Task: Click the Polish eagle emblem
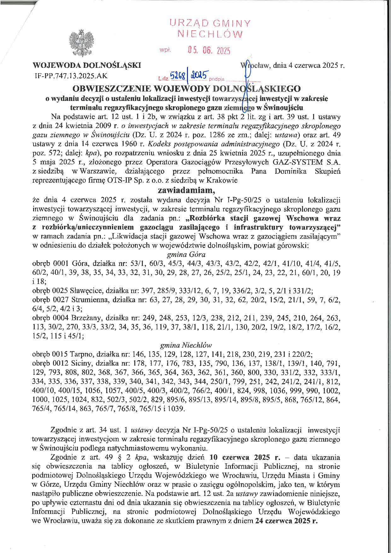[x=83, y=43]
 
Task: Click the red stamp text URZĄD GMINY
[x=210, y=23]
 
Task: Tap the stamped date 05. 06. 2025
[x=209, y=50]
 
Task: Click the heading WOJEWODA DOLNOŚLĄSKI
[x=87, y=66]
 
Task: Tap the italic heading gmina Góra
[x=186, y=254]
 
